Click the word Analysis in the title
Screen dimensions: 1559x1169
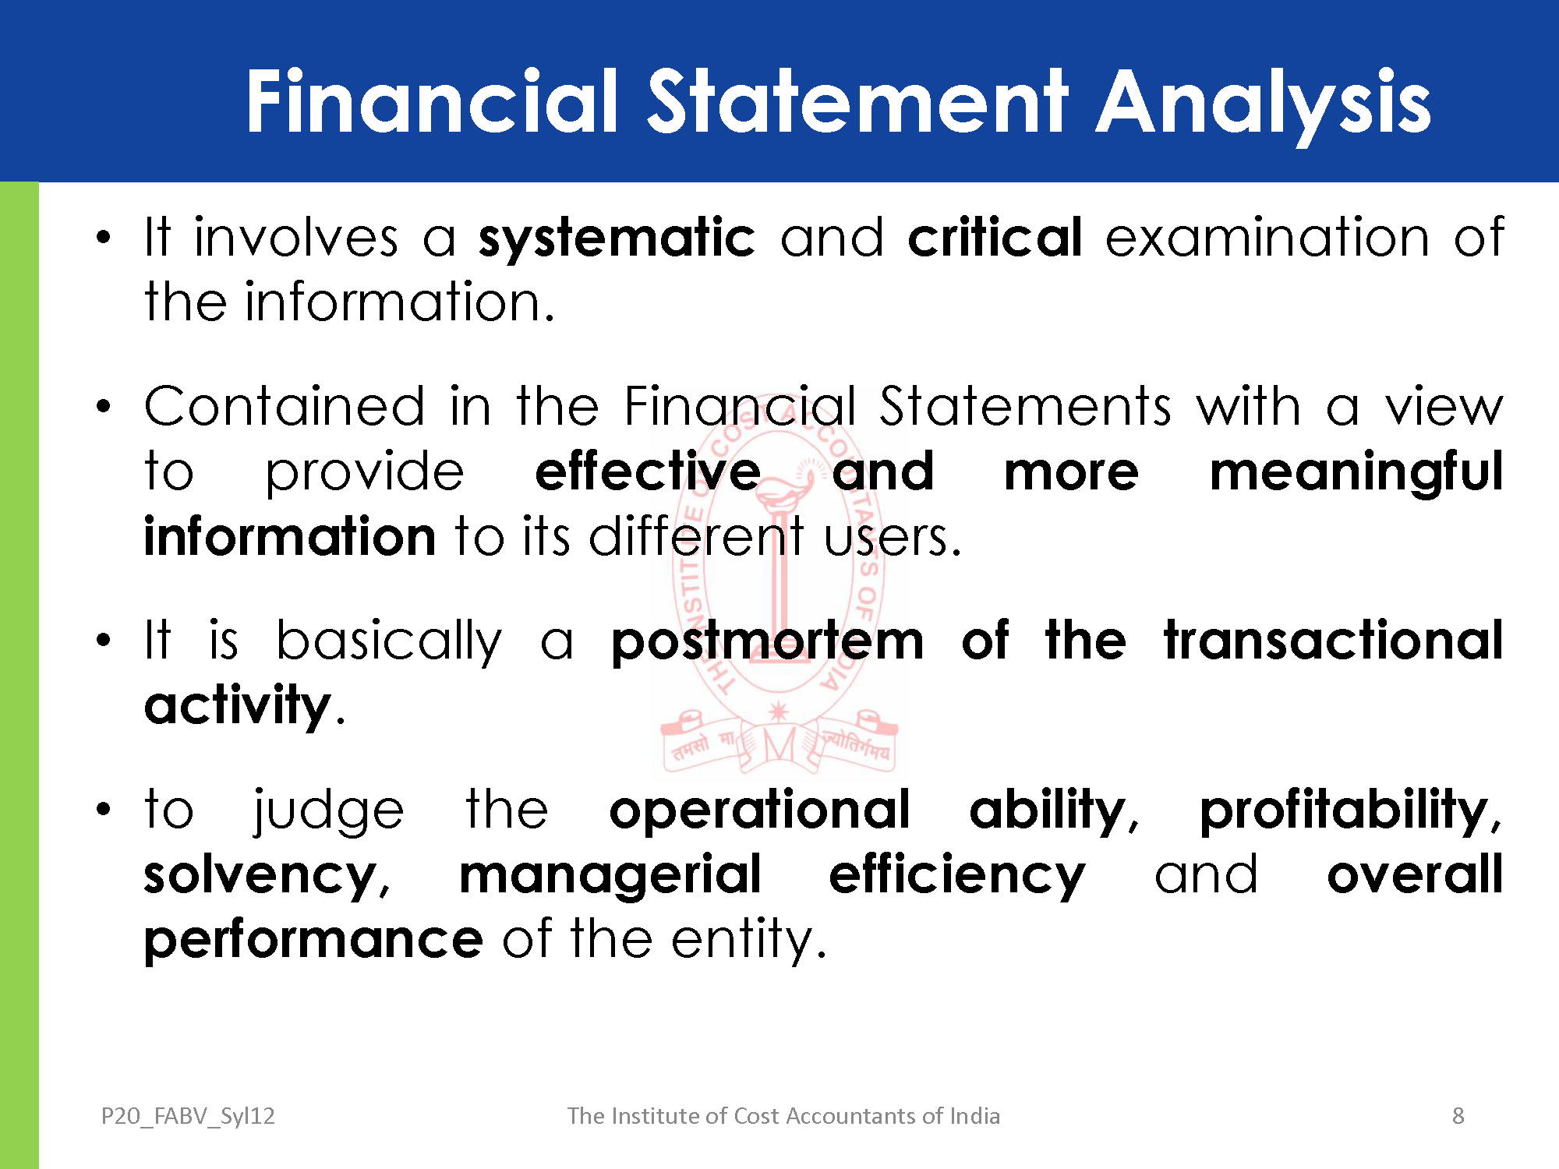coord(1264,103)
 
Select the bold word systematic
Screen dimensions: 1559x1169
coord(617,238)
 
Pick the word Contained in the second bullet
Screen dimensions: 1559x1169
coord(285,406)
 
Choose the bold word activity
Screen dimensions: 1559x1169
coord(239,707)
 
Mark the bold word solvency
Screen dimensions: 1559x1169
coord(261,877)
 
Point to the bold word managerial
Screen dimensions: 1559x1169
coord(610,877)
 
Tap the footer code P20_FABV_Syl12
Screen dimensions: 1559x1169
coord(188,1116)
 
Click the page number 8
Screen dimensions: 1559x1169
coord(1458,1116)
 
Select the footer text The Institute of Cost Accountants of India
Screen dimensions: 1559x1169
coord(783,1116)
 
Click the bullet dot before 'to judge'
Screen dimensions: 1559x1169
coord(104,810)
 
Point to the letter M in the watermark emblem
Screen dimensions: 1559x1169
coord(779,745)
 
